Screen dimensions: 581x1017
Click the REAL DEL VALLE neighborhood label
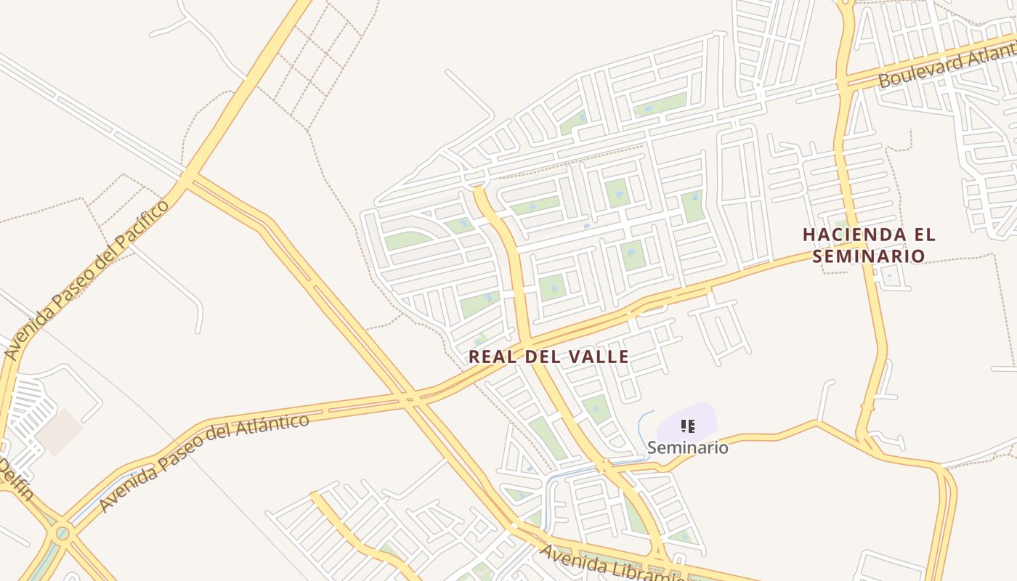[548, 357]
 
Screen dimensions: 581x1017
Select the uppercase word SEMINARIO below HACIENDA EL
[869, 256]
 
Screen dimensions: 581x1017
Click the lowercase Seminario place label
[687, 447]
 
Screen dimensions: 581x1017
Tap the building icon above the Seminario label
[687, 426]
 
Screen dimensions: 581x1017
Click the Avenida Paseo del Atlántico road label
[203, 461]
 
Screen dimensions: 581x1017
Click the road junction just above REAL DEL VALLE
[527, 340]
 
